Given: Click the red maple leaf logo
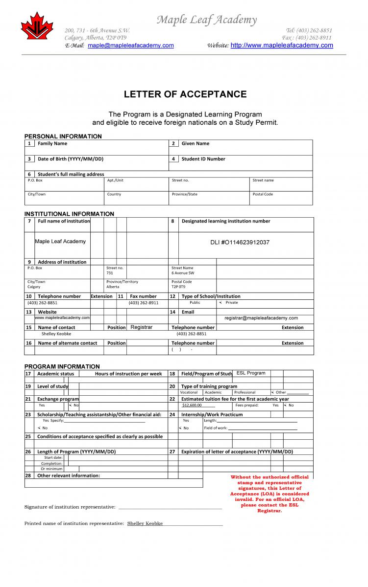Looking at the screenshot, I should (37, 27).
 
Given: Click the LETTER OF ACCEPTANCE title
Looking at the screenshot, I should (185, 94).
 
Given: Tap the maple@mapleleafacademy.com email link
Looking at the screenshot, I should (130, 45).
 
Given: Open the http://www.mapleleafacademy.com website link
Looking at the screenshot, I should (281, 45).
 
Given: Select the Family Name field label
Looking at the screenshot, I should (52, 144).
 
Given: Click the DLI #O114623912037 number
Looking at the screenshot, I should (240, 243).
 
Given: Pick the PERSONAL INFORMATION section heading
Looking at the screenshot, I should (63, 136).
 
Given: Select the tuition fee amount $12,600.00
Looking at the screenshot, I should (192, 406).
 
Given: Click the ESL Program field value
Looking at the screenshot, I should (250, 373).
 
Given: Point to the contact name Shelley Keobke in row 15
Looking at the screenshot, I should (56, 334).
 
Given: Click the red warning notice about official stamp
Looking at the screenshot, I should (270, 494).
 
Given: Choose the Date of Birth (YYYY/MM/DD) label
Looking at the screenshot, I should (71, 159).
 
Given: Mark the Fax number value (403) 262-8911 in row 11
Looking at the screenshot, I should (144, 303).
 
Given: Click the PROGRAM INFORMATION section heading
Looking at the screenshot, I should (62, 366).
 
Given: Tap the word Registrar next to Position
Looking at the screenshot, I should (142, 327).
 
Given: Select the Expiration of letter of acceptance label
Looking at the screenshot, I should (237, 452).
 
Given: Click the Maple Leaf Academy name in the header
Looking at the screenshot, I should (206, 20).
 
